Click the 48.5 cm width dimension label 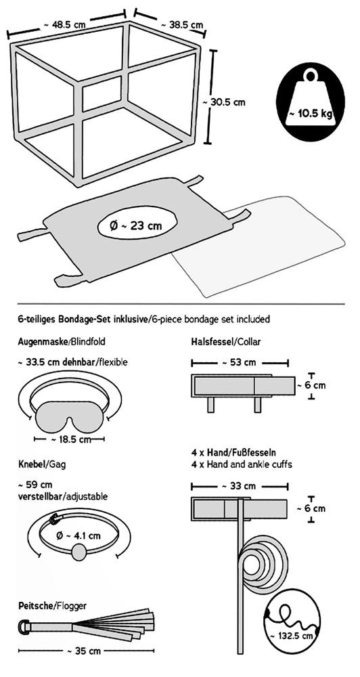pyautogui.click(x=65, y=24)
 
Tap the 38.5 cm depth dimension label pyautogui.click(x=181, y=25)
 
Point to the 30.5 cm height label pyautogui.click(x=224, y=102)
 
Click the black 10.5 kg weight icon pyautogui.click(x=311, y=102)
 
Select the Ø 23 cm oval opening pyautogui.click(x=137, y=226)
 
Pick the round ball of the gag pyautogui.click(x=78, y=552)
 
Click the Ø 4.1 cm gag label pyautogui.click(x=78, y=536)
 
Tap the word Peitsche pyautogui.click(x=35, y=606)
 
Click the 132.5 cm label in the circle pyautogui.click(x=292, y=636)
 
